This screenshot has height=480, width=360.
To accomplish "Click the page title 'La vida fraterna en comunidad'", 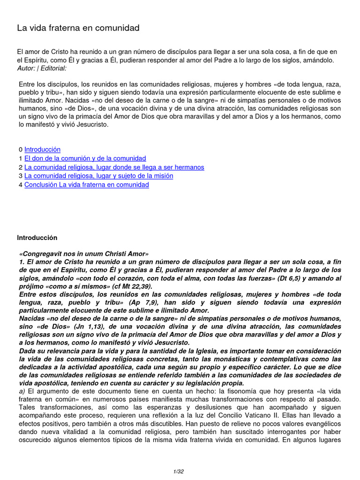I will coord(78,28).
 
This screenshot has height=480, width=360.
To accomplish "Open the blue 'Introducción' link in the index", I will coord(42,150).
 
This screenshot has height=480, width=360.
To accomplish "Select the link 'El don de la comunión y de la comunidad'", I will coord(85,158).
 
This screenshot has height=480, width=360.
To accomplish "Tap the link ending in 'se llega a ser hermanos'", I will coord(114,167).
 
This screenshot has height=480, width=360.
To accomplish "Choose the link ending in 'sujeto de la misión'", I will coord(98,176).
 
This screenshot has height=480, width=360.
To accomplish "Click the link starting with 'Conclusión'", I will coord(86,185).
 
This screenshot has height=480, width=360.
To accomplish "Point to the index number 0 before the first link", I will coord(21,150).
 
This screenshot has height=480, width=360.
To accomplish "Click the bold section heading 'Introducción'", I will coord(37,238).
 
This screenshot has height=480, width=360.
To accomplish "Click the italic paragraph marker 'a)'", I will coord(22,390).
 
